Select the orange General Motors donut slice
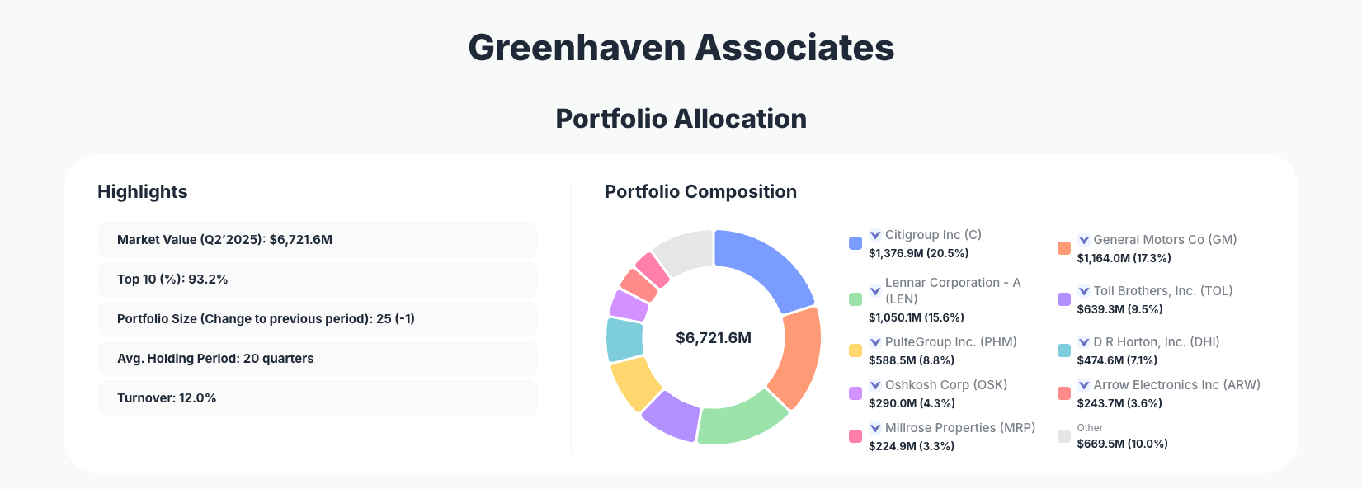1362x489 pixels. [795, 356]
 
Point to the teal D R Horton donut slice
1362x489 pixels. [624, 340]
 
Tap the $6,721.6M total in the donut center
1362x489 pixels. [714, 338]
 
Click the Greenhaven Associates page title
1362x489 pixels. [681, 48]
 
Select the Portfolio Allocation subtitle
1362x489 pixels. [681, 119]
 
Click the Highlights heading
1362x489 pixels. [143, 192]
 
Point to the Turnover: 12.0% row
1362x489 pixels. [317, 398]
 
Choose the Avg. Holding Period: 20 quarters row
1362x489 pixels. [317, 359]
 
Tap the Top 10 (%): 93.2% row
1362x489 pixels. [317, 280]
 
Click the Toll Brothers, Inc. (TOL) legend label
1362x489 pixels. [1162, 291]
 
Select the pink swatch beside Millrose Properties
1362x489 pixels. [855, 436]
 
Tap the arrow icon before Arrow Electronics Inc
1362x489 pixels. [1084, 385]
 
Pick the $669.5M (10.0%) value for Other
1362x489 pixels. [1122, 444]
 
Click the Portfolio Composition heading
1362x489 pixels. [700, 192]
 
